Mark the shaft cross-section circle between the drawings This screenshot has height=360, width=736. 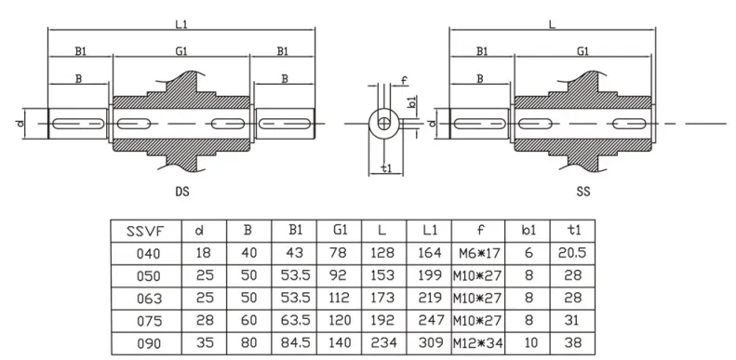point(382,122)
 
